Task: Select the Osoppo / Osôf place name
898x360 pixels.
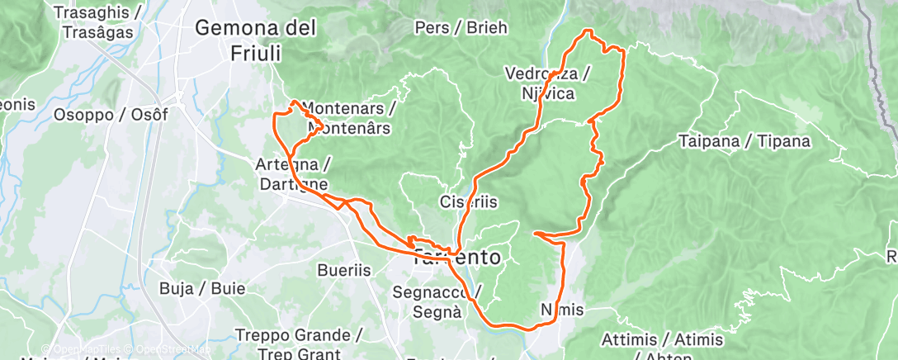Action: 111,115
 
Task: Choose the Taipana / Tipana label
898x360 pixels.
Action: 744,141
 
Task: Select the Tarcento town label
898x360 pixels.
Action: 456,258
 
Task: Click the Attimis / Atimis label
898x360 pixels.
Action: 663,340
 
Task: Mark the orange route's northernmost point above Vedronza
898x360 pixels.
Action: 588,31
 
